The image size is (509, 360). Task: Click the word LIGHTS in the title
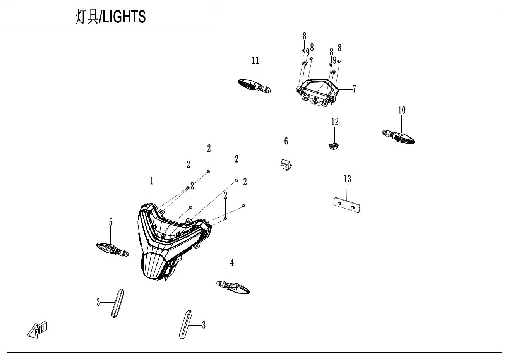click(x=124, y=17)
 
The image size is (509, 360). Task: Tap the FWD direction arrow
click(x=37, y=330)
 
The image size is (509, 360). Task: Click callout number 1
click(x=152, y=181)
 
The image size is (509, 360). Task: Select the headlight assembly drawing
click(x=175, y=242)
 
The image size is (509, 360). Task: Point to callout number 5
click(x=111, y=222)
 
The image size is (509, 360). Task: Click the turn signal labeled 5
click(x=113, y=249)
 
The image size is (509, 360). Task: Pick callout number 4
click(x=232, y=263)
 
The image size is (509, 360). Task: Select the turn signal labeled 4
click(x=233, y=288)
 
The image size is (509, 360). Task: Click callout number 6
click(x=286, y=141)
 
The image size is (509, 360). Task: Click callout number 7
click(x=354, y=89)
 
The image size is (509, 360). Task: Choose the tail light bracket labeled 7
click(x=318, y=93)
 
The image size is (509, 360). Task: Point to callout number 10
click(x=402, y=110)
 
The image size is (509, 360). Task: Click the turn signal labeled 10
click(x=398, y=137)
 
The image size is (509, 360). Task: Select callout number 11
click(x=255, y=61)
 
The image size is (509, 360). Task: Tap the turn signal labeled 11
click(x=255, y=86)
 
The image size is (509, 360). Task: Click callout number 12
click(x=335, y=122)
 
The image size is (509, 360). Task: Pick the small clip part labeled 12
click(x=334, y=146)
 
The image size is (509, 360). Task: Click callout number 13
click(x=348, y=179)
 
